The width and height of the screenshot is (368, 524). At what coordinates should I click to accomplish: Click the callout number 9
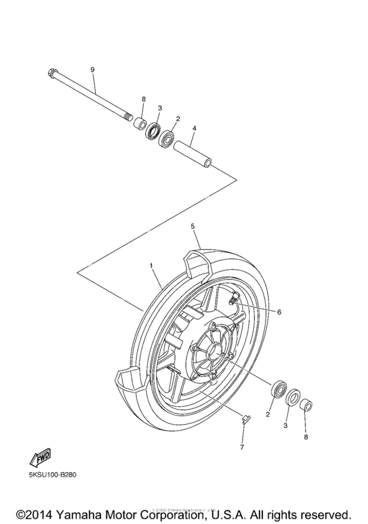(93, 70)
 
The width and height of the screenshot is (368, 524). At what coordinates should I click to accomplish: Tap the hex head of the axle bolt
(51, 74)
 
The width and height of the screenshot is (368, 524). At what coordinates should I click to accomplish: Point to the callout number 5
(193, 226)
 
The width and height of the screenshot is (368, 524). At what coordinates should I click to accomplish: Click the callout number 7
(242, 448)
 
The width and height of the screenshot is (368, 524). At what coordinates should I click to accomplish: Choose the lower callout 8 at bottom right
(306, 435)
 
